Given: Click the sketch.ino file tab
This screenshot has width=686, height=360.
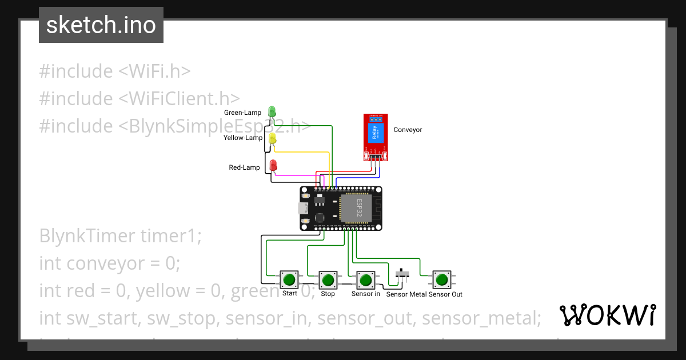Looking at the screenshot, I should pos(101,25).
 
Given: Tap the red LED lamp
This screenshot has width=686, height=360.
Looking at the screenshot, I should pos(273,166).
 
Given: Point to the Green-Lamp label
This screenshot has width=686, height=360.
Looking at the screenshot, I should pos(242,113).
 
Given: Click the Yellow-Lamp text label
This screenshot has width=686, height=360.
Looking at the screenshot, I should pos(243,138).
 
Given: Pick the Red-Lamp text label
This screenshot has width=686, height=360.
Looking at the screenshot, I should pos(244,167).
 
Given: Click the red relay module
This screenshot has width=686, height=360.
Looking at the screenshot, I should pos(376,137).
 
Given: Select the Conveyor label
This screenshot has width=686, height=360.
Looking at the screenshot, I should pos(408,130).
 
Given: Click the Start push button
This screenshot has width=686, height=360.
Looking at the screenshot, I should pos(289,280).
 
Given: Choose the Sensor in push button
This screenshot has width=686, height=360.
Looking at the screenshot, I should pos(365,280).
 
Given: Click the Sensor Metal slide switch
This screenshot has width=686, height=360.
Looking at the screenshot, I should pos(403,275).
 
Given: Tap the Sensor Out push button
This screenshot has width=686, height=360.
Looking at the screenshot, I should pos(441,280).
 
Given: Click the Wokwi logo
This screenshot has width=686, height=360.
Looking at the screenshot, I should pos(607,315).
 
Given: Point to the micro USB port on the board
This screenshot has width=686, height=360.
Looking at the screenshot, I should pos(302,209).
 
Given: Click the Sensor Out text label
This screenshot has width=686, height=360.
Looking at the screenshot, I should pos(445,294).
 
